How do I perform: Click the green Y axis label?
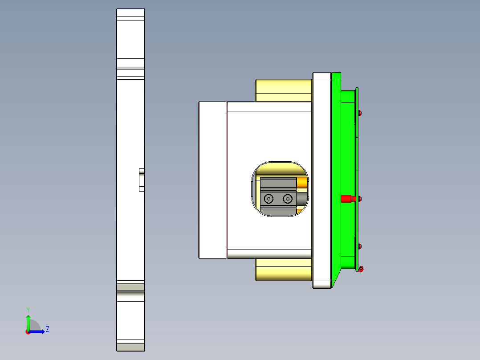28,309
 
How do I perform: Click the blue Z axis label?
47,329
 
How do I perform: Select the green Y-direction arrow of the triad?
28,322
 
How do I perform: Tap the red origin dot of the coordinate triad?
28,332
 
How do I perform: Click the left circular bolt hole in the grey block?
269,198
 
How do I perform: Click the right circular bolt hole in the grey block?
288,198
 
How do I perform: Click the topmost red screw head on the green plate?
360,113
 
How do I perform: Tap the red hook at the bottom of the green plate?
361,269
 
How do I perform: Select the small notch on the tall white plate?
142,180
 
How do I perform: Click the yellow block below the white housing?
284,270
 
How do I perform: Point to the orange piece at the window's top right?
302,182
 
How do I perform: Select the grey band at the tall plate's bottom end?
130,346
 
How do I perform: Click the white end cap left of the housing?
212,180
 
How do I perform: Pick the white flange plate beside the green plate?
322,180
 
